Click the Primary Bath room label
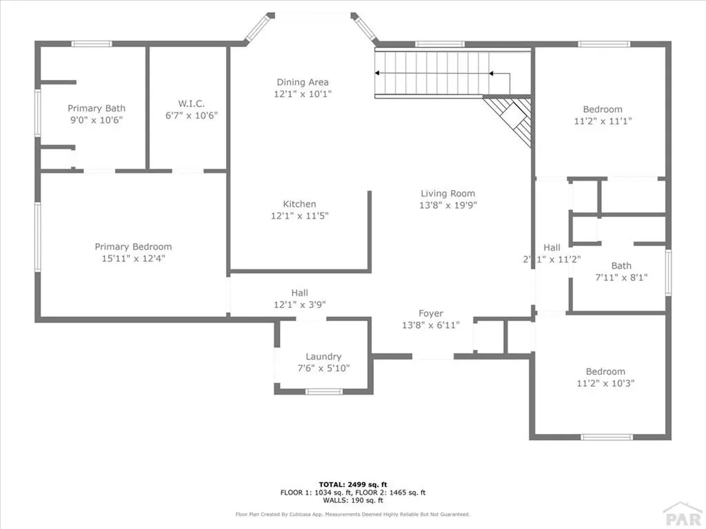pyautogui.click(x=96, y=108)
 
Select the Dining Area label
pyautogui.click(x=303, y=82)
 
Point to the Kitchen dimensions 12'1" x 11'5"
pyautogui.click(x=300, y=216)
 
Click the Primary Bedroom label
pyautogui.click(x=133, y=247)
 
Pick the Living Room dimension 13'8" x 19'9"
pyautogui.click(x=448, y=205)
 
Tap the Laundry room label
pyautogui.click(x=323, y=356)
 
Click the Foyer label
pyautogui.click(x=432, y=313)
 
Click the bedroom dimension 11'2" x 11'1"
pyautogui.click(x=603, y=121)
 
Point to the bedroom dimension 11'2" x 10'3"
pyautogui.click(x=605, y=383)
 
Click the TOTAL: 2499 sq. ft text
pyautogui.click(x=352, y=484)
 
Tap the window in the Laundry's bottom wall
pyautogui.click(x=323, y=392)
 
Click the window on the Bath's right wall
pyautogui.click(x=668, y=272)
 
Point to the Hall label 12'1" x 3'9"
pyautogui.click(x=299, y=298)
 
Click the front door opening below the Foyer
pyautogui.click(x=433, y=357)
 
